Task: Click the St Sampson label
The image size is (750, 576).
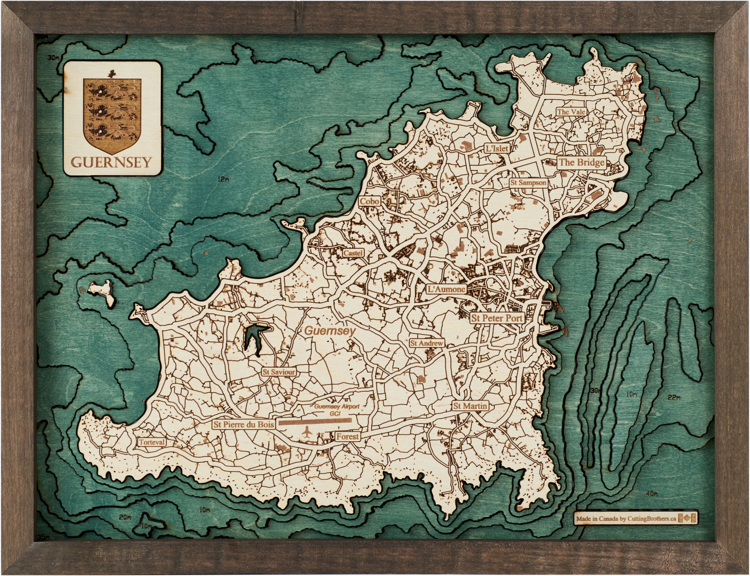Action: click(528, 183)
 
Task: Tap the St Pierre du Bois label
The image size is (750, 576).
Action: click(244, 425)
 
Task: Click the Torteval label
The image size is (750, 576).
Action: click(152, 442)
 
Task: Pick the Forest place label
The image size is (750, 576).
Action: click(347, 437)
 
